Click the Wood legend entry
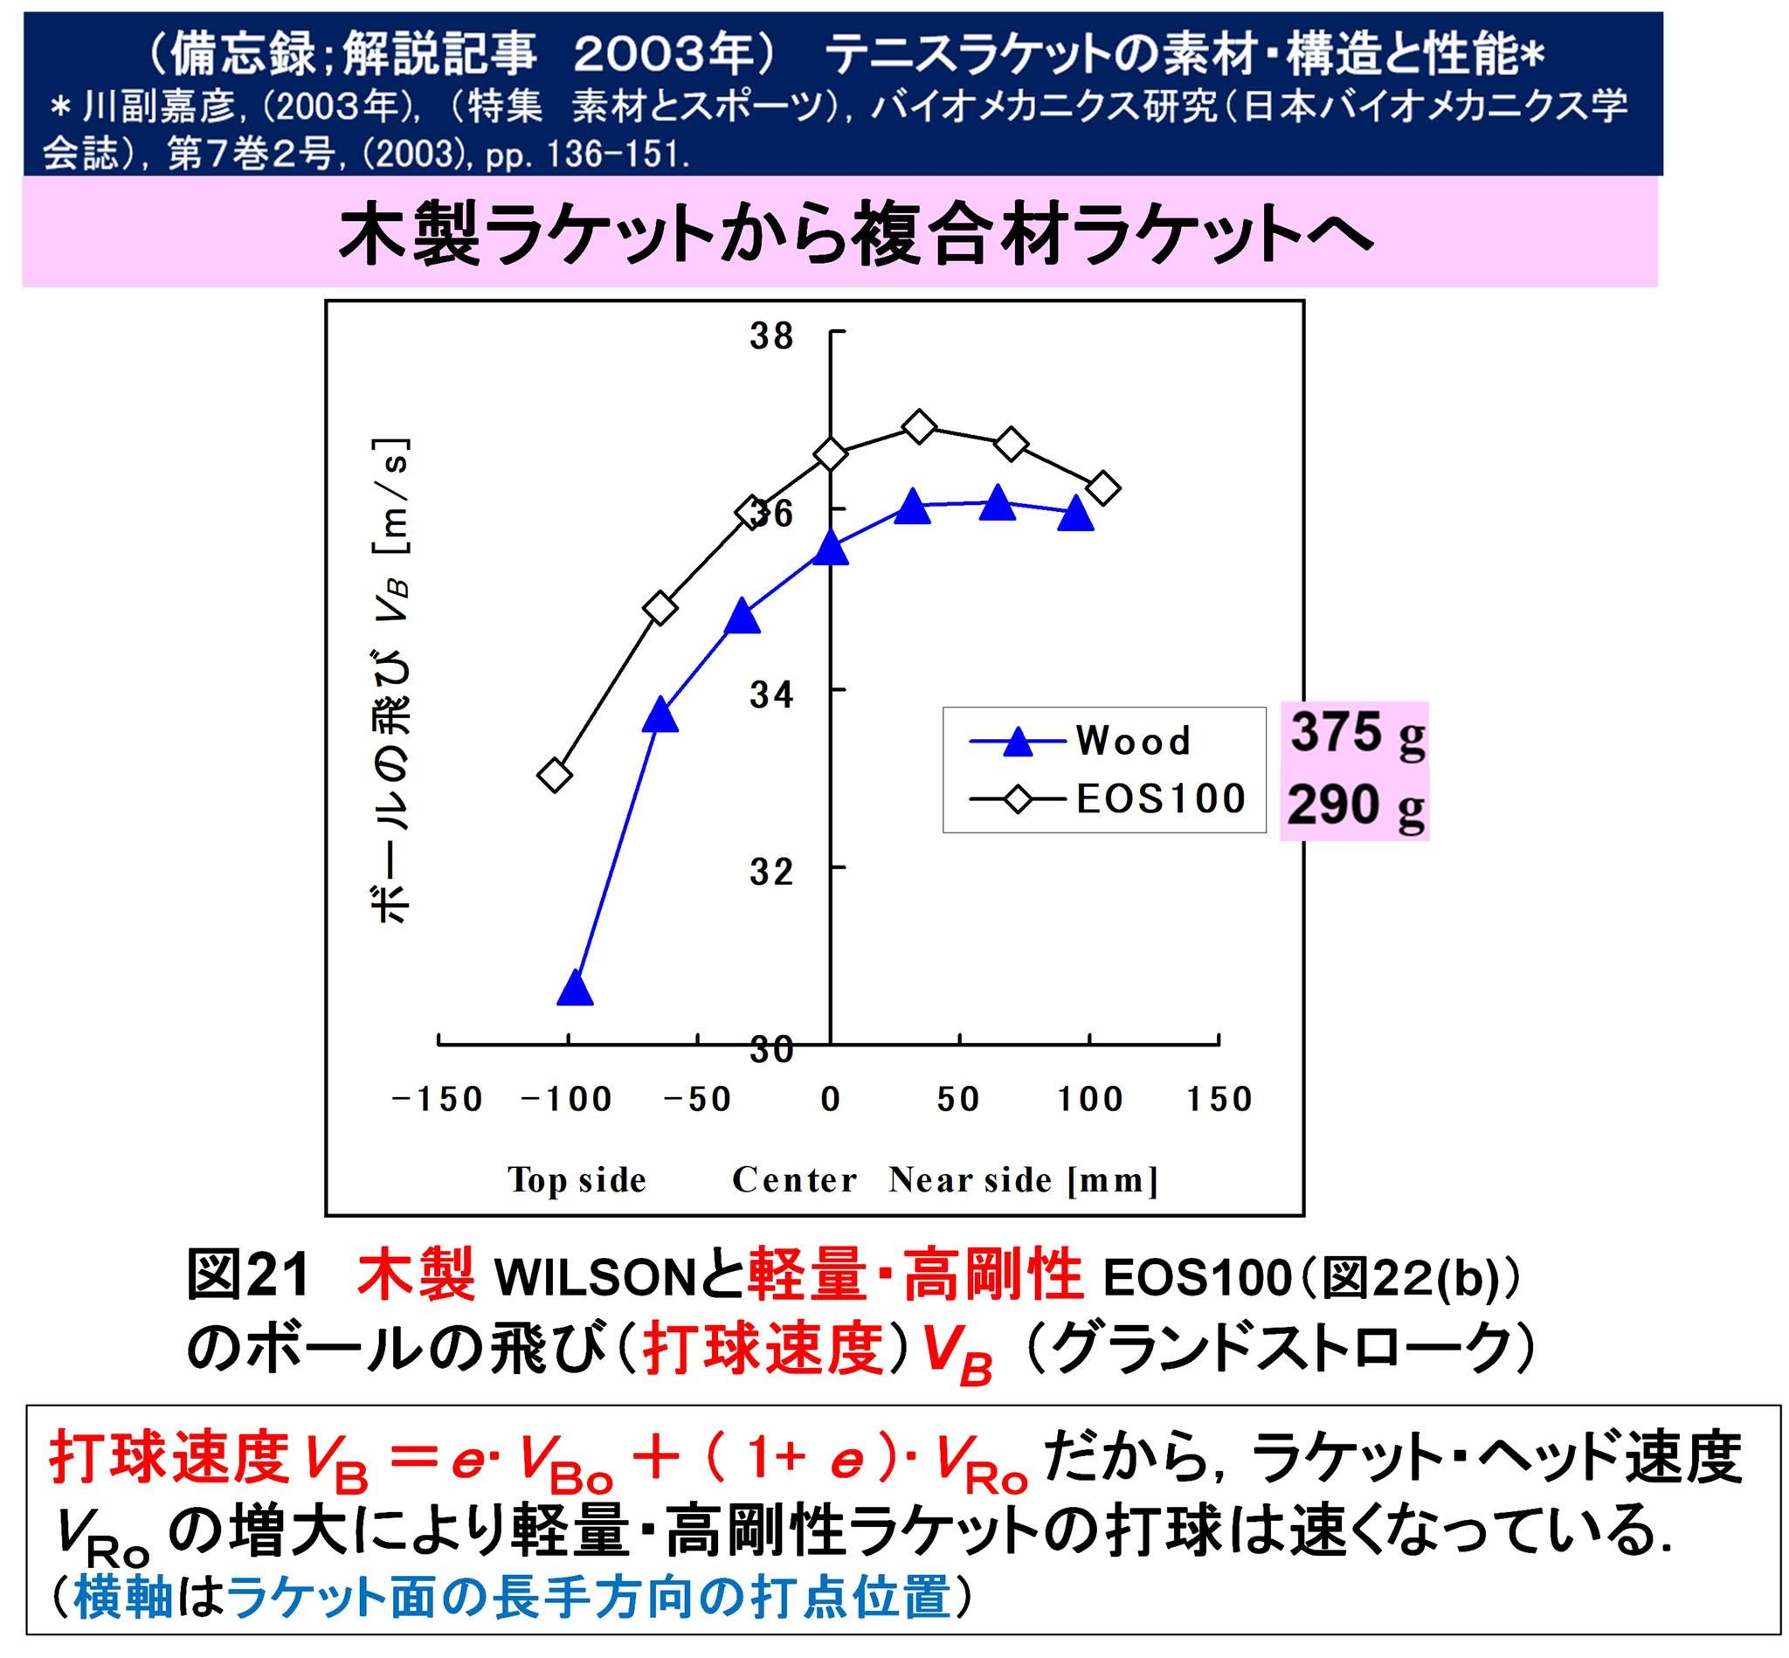click(1081, 741)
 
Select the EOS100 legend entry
click(1107, 798)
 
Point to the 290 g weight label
click(1356, 805)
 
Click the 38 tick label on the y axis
click(772, 335)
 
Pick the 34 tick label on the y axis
click(772, 694)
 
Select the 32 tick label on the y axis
click(772, 870)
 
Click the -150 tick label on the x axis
click(437, 1099)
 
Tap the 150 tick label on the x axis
click(1219, 1099)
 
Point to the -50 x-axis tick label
click(697, 1099)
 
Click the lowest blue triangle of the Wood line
click(575, 990)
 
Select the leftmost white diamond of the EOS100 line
click(556, 774)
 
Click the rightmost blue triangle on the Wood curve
click(1074, 515)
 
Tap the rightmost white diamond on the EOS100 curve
click(1102, 488)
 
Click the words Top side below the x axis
click(577, 1180)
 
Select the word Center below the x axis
click(794, 1180)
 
